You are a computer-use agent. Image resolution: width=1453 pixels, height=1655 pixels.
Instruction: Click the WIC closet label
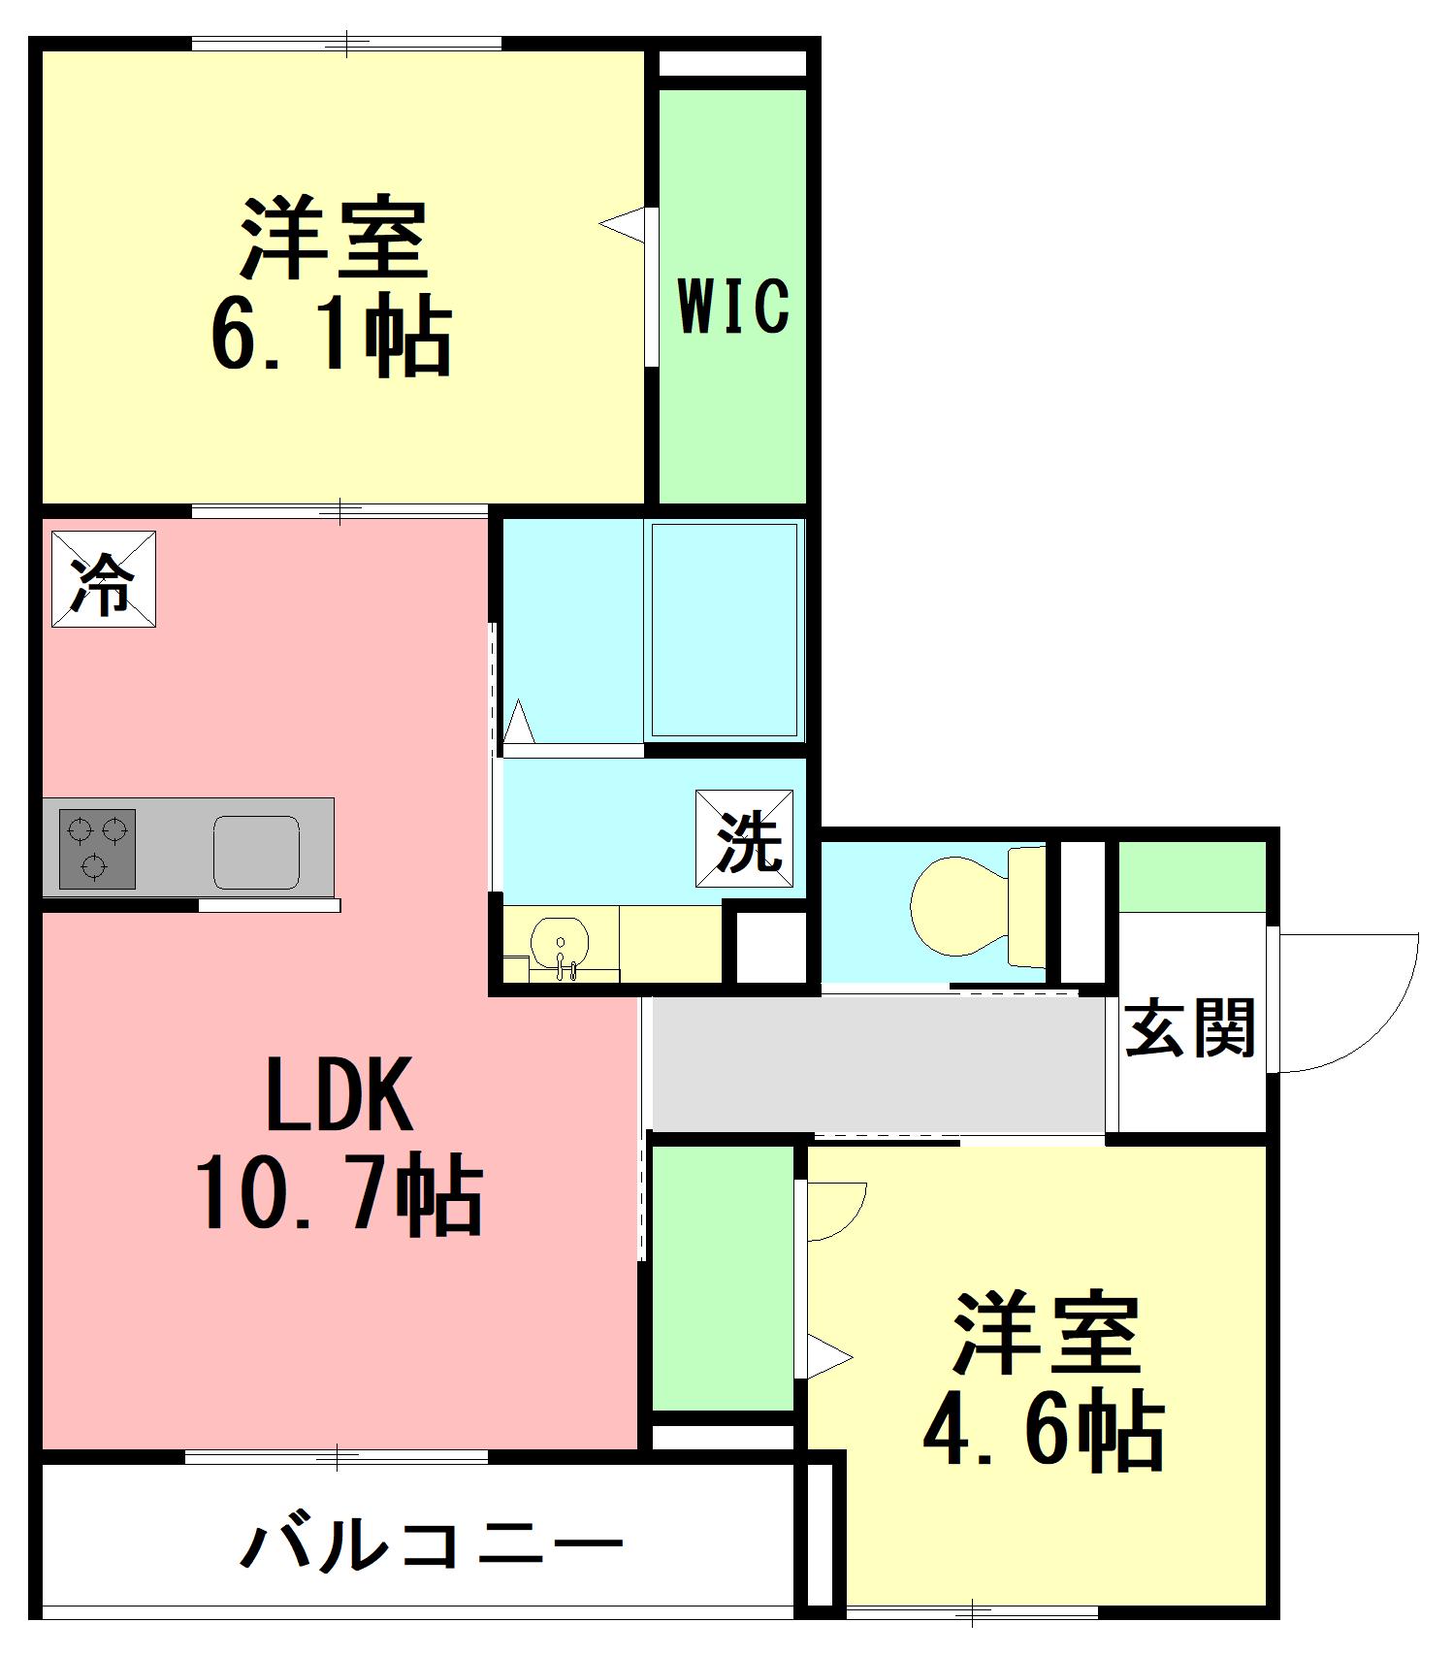733,306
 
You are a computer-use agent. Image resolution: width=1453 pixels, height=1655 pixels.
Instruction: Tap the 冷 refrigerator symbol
104,579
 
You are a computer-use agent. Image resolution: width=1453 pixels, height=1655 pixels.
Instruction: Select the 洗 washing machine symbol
744,839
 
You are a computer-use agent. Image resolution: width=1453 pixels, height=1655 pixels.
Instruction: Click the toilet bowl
960,906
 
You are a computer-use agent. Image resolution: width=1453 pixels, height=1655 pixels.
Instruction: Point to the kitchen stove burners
97,849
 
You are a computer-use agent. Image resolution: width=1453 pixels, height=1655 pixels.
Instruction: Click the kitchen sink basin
256,852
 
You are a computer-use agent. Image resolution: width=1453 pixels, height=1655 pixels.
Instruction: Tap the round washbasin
560,943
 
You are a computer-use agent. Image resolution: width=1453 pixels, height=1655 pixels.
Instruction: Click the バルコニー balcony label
431,1546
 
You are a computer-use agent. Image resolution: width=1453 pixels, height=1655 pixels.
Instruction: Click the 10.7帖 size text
339,1194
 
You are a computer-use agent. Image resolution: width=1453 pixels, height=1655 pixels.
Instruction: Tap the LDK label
339,1094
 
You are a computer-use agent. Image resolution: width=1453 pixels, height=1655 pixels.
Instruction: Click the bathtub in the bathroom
725,630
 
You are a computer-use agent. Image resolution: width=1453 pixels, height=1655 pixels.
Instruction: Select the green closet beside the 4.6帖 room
723,1278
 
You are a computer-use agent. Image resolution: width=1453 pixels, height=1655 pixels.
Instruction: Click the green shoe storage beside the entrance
1193,877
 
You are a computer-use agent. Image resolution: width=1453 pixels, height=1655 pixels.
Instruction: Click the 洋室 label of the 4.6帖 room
1046,1334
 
